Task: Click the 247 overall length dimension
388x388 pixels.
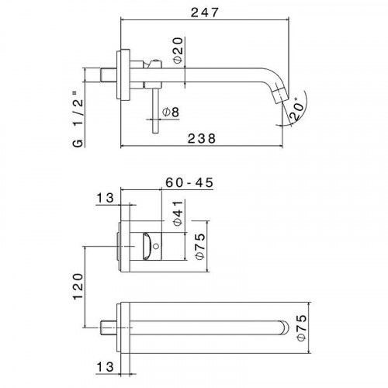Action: coord(205,12)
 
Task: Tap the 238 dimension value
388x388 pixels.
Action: coord(202,138)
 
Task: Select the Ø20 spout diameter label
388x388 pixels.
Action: coord(178,50)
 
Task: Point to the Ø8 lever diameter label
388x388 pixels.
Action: coord(171,112)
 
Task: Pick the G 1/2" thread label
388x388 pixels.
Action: coord(78,120)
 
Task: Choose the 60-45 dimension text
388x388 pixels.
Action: coord(189,182)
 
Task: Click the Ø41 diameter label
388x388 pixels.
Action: coord(178,213)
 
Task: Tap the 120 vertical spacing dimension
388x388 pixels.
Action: coord(78,286)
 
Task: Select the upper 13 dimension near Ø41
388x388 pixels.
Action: coord(105,198)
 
